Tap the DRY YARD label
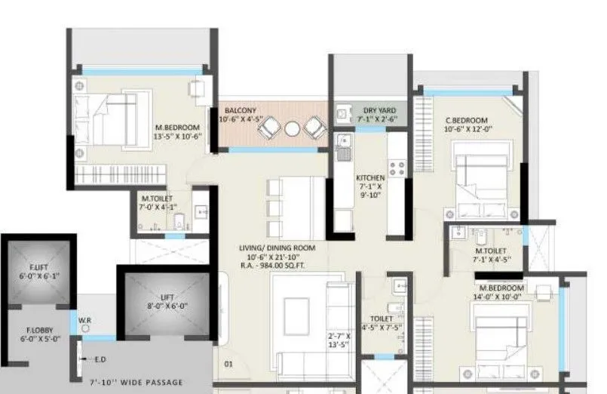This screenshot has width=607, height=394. [375, 109]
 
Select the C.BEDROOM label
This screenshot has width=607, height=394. [466, 120]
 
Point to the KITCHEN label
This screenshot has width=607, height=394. [370, 178]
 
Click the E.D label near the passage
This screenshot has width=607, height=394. [100, 359]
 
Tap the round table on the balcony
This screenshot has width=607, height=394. [292, 129]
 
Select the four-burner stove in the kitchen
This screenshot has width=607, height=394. [396, 167]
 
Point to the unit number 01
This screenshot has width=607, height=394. [228, 365]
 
